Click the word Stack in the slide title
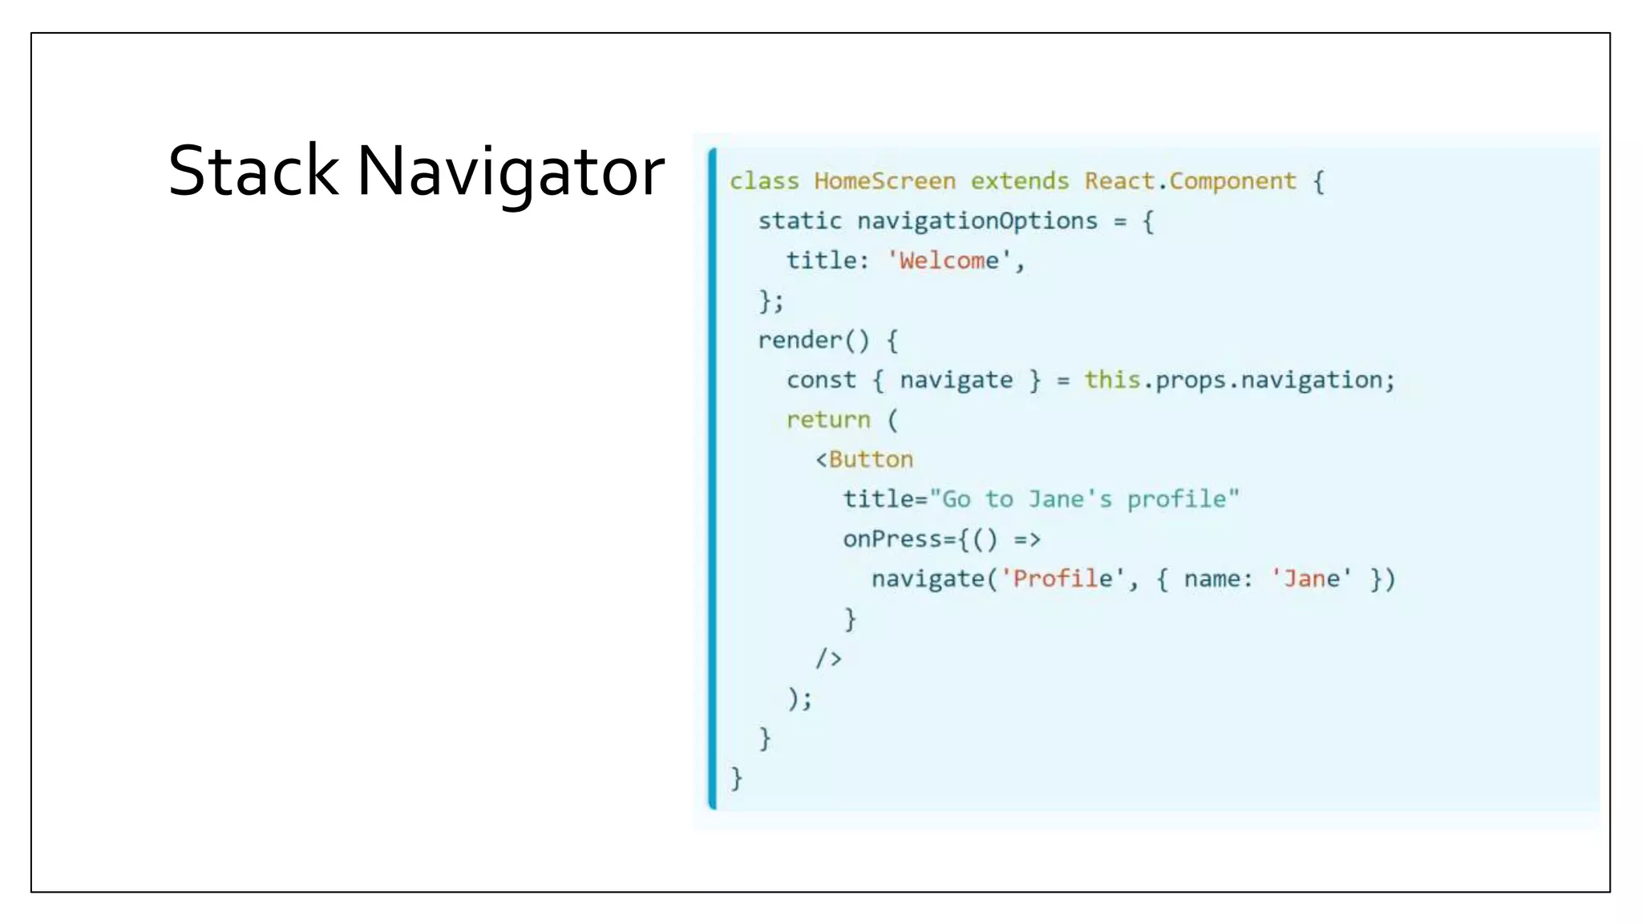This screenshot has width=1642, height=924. pos(253,171)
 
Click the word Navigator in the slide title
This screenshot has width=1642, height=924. pos(511,171)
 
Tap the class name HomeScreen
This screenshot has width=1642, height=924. pos(884,181)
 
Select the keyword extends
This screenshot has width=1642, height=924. pos(1020,181)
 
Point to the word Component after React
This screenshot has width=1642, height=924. pos(1232,181)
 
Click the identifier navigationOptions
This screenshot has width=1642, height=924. pos(977,221)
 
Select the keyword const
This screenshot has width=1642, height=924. pos(821,380)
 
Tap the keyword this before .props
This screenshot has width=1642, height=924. pos(1112,379)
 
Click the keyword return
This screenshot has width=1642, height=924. pos(827,419)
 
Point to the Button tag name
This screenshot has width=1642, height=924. pos(871,460)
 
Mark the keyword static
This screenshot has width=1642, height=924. pos(799,221)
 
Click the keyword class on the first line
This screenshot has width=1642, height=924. pos(764,181)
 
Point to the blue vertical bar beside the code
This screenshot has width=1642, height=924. pos(712,479)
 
